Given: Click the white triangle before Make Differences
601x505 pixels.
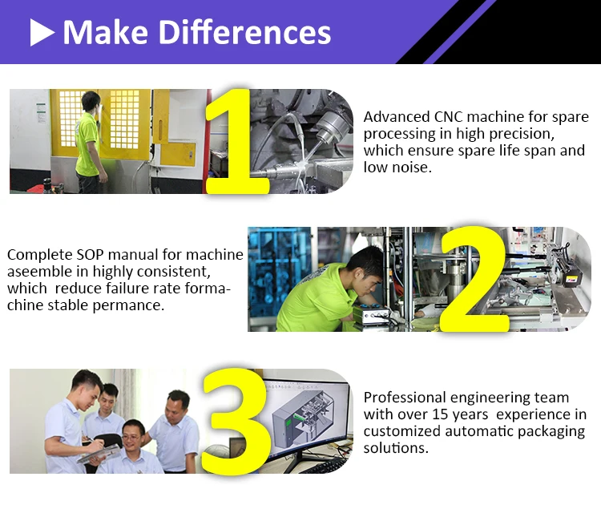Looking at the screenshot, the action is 42,33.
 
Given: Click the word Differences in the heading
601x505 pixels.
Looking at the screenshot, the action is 244,32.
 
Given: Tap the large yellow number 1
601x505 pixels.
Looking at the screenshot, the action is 236,141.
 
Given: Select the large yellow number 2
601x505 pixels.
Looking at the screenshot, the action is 474,279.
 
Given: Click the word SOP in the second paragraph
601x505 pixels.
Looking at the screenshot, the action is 91,255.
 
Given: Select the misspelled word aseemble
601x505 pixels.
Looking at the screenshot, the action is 39,272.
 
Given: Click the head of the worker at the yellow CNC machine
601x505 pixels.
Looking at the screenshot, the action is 91,101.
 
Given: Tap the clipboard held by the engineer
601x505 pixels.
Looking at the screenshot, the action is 98,454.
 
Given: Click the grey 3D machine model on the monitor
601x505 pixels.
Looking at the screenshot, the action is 303,420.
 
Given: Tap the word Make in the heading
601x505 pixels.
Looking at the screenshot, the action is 106,32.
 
